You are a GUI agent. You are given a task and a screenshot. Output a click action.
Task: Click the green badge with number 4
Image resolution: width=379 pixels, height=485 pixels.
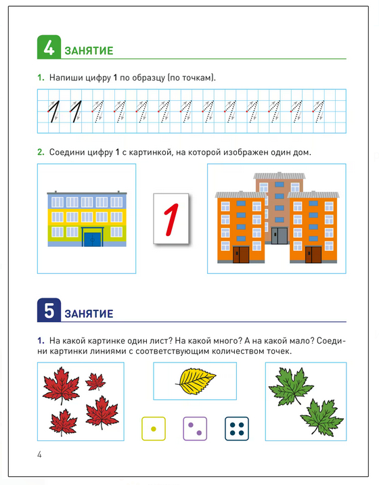click(x=49, y=47)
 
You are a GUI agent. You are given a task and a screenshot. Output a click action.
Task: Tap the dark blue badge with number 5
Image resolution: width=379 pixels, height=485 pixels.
click(x=49, y=310)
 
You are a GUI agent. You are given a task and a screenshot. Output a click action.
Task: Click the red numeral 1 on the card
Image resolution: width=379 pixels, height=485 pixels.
click(x=171, y=219)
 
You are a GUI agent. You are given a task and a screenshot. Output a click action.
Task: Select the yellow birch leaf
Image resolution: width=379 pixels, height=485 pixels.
click(x=196, y=381)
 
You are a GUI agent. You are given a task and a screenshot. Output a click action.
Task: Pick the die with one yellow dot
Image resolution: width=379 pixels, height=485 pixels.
click(x=154, y=429)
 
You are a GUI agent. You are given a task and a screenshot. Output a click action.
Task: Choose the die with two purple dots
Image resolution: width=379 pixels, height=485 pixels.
click(x=195, y=429)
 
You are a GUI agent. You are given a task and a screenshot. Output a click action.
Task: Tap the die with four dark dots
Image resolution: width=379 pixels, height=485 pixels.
click(x=237, y=429)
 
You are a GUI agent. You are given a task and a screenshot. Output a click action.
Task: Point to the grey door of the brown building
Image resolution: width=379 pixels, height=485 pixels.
click(x=280, y=236)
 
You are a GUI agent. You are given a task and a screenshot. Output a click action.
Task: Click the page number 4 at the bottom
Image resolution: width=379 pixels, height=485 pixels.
click(x=39, y=455)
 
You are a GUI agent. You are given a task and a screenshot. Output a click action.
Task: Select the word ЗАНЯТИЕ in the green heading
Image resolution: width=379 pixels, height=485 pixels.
click(x=89, y=51)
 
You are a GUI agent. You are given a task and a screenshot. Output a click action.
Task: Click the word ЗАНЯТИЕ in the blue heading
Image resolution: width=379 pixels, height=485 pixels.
click(x=89, y=314)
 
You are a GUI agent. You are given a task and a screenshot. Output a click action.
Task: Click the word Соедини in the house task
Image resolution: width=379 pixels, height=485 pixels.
click(x=66, y=152)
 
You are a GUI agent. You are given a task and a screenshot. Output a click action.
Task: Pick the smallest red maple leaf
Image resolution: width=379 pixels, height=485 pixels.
click(x=95, y=382)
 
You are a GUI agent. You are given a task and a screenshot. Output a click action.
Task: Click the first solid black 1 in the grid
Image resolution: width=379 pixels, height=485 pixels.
click(x=53, y=111)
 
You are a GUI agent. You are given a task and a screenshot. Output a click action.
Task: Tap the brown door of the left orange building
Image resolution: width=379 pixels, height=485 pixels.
click(x=241, y=254)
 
